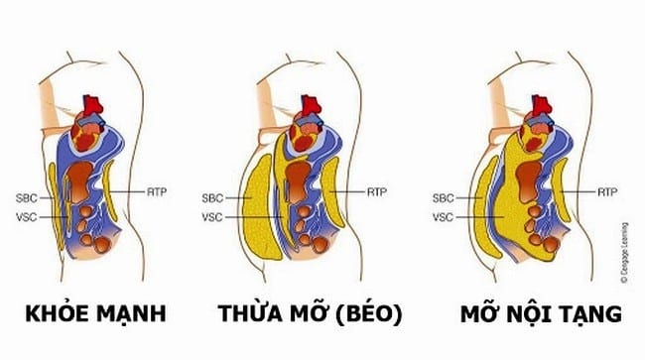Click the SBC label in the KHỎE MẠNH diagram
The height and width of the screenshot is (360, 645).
pyautogui.click(x=27, y=198)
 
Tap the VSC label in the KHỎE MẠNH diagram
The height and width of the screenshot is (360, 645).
pyautogui.click(x=27, y=217)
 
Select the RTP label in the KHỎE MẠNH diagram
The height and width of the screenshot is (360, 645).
pyautogui.click(x=157, y=192)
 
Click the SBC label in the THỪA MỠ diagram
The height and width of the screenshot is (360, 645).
pyautogui.click(x=212, y=198)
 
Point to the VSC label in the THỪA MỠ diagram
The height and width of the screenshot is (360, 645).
pyautogui.click(x=212, y=217)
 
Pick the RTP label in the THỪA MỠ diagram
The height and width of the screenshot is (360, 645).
pyautogui.click(x=377, y=192)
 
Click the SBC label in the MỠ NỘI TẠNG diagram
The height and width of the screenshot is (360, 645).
pyautogui.click(x=443, y=198)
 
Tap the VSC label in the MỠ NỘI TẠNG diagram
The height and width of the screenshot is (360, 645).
pyautogui.click(x=443, y=217)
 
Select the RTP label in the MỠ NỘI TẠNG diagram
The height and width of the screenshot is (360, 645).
pyautogui.click(x=607, y=192)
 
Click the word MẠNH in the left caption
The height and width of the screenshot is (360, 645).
pyautogui.click(x=132, y=314)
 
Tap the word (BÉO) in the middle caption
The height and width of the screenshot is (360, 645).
pyautogui.click(x=368, y=314)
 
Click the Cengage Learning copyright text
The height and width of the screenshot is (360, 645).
pyautogui.click(x=624, y=253)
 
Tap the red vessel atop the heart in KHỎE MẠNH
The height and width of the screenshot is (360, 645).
pyautogui.click(x=92, y=105)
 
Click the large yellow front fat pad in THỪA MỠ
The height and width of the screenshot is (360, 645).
pyautogui.click(x=260, y=208)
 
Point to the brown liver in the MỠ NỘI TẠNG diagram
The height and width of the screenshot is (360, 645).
pyautogui.click(x=529, y=180)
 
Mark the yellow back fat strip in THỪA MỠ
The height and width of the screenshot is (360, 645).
pyautogui.click(x=332, y=192)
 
